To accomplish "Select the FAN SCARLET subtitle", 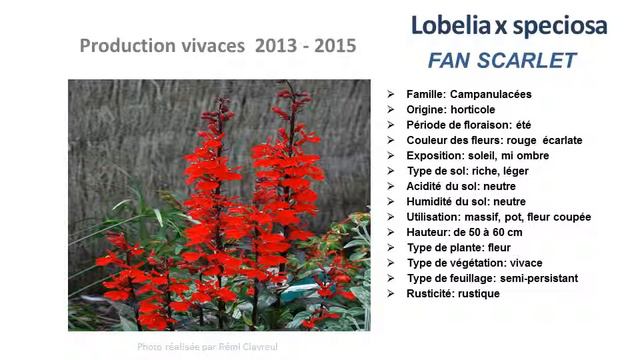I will point(501,60).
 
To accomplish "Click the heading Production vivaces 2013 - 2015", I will point(217,46).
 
